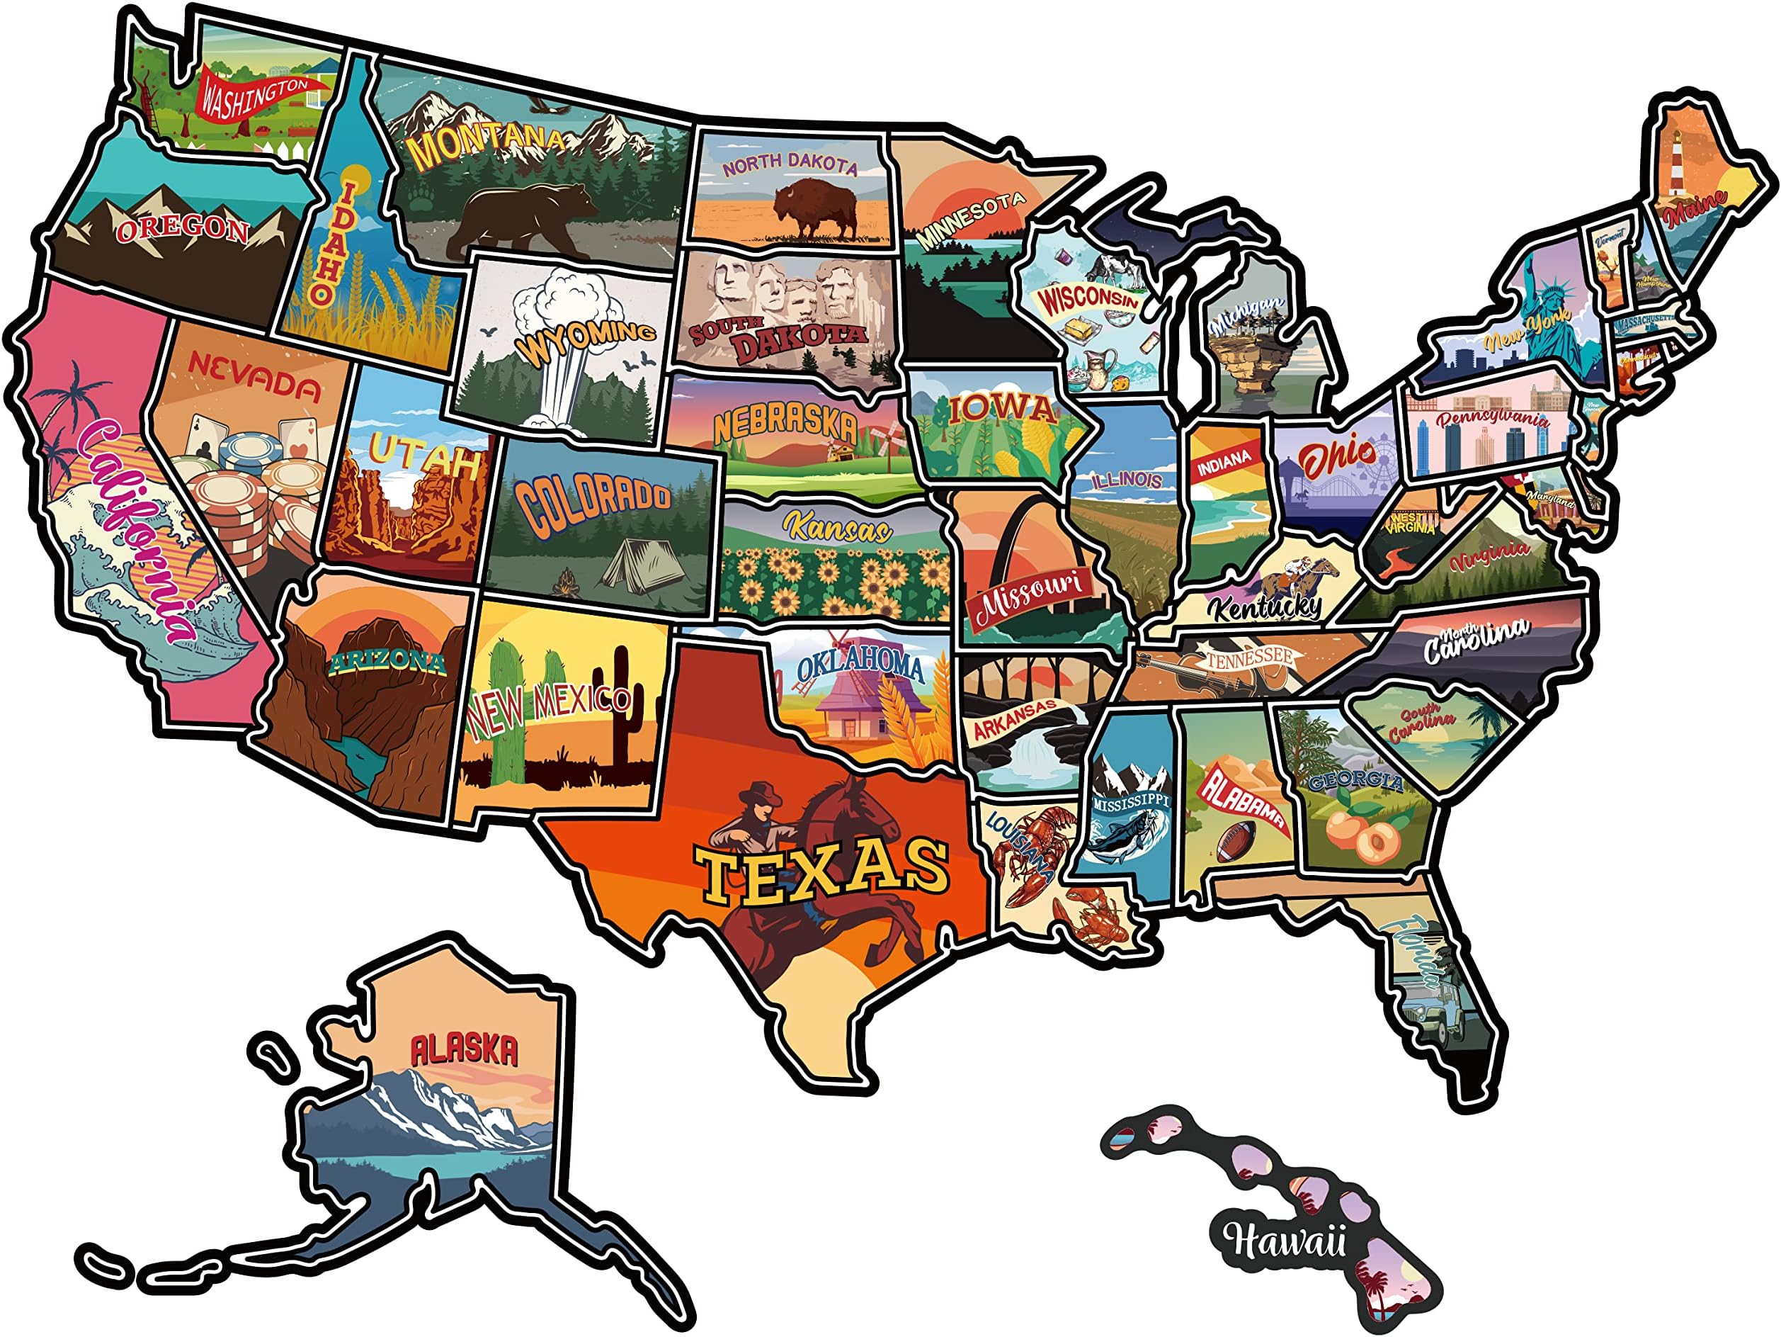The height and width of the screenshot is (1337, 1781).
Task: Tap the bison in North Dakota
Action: [x=815, y=207]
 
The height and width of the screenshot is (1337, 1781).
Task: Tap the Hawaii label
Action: [x=1282, y=1241]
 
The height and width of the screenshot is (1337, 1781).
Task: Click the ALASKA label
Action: [x=465, y=1049]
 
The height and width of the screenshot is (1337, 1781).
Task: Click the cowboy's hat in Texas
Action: [x=760, y=796]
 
